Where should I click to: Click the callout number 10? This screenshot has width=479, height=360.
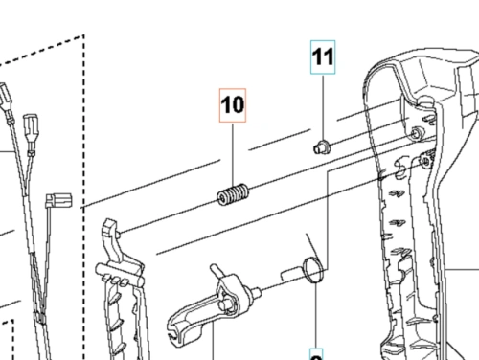pos(234,106)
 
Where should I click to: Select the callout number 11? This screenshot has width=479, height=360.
pos(323,58)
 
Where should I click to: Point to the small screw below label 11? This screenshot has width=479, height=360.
pos(323,146)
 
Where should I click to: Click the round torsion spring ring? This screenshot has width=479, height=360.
pos(311,270)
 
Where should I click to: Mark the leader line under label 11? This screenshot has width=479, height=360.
pos(323,105)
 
